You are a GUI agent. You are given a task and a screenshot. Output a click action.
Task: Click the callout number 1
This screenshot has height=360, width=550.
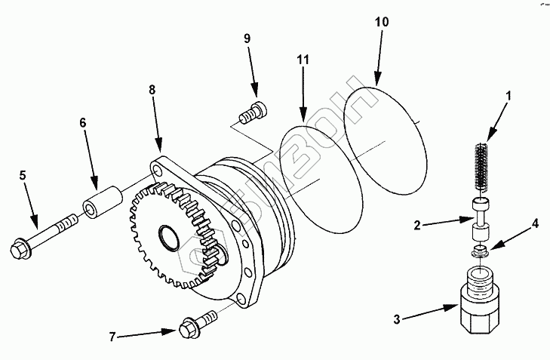(509, 96)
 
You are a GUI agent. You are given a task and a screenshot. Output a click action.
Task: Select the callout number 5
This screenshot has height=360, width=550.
(23, 175)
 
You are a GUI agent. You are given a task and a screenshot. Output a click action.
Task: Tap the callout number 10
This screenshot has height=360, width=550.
(382, 22)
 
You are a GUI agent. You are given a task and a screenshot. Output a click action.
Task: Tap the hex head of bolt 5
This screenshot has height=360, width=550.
(19, 248)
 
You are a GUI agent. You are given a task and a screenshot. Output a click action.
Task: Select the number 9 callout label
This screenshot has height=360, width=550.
(247, 38)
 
